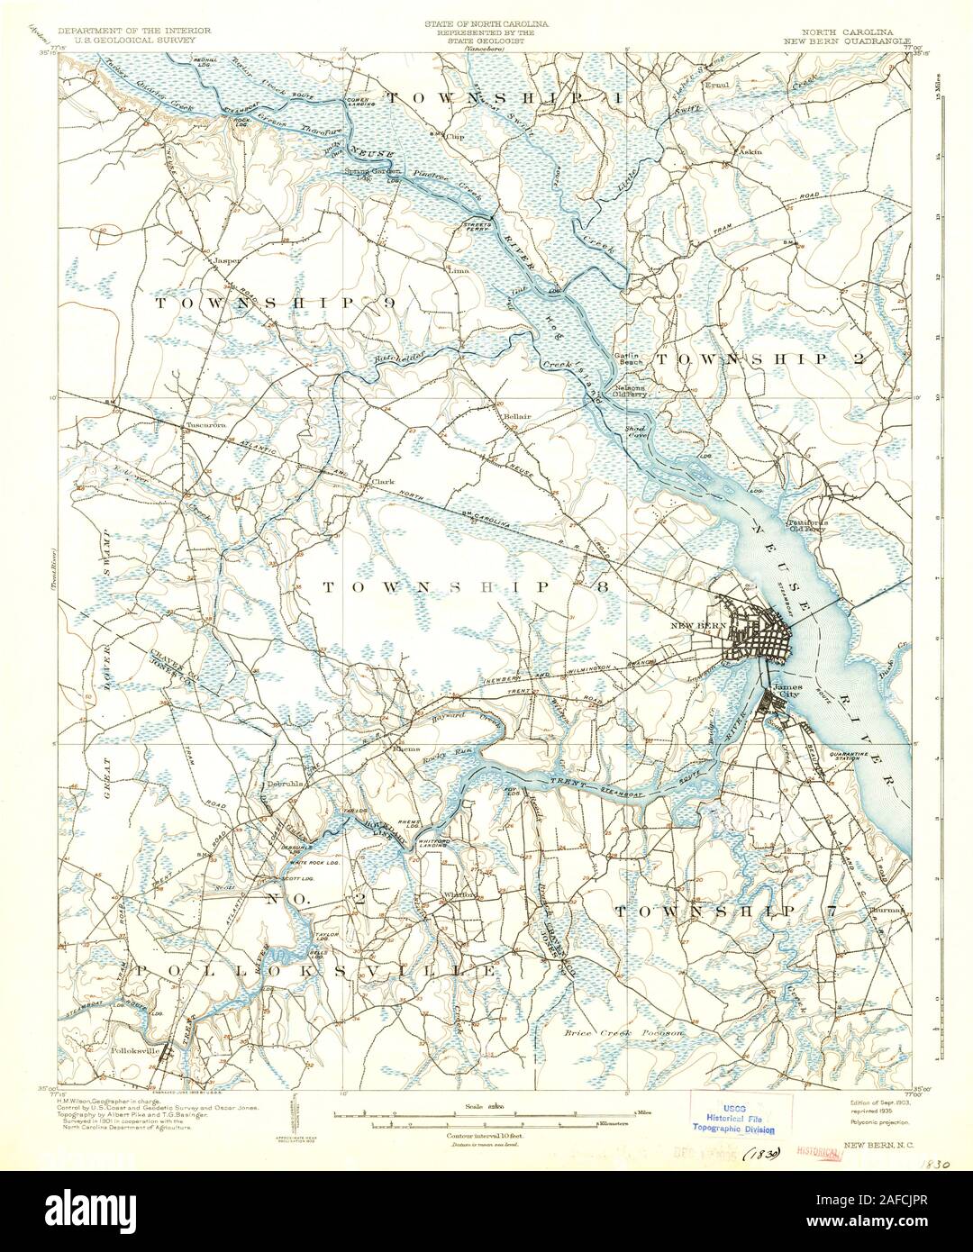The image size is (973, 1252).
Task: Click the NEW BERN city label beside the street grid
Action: (x=699, y=625)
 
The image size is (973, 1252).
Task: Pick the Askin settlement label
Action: (x=750, y=151)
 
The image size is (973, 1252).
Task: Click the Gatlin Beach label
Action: (x=627, y=358)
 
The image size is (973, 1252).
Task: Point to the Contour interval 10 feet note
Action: (x=486, y=1136)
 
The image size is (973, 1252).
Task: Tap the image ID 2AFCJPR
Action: (x=911, y=1228)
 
